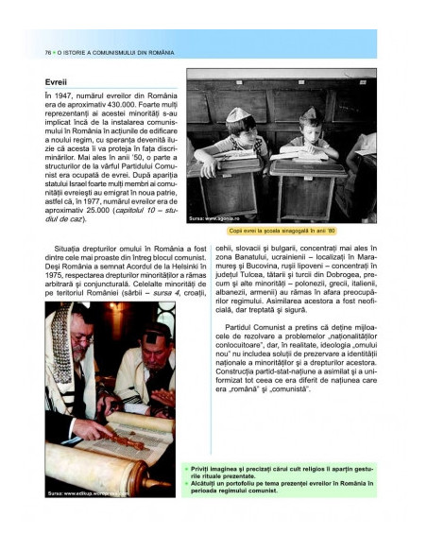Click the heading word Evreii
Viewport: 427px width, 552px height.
pyautogui.click(x=58, y=81)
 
